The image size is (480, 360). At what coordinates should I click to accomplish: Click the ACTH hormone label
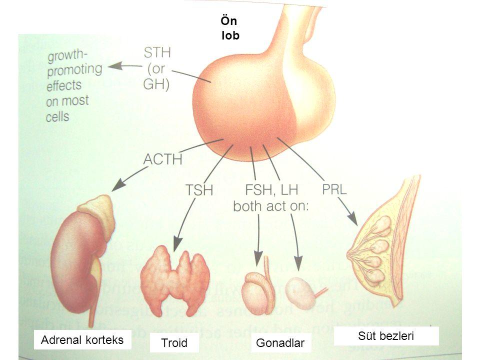coord(163,159)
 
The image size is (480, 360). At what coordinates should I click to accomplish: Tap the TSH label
coord(200,190)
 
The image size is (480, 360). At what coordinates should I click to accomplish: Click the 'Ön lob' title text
coord(229,28)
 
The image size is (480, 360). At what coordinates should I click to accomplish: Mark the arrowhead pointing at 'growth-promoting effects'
coord(115,65)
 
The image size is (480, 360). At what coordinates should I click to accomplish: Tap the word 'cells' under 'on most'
coord(58,116)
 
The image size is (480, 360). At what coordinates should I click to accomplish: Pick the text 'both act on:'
coord(272,207)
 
